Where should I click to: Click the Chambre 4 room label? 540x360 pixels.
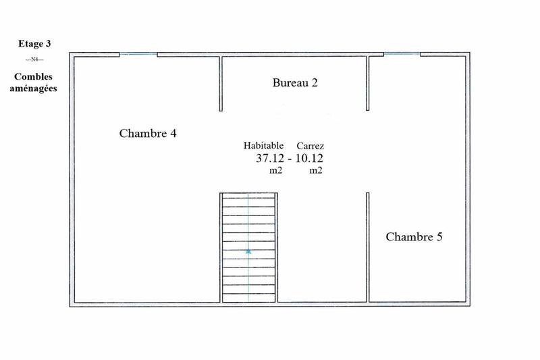click(148, 133)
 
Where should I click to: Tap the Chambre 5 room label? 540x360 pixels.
click(414, 237)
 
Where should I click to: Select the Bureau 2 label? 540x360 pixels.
click(295, 83)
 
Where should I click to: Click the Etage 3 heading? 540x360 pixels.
click(34, 44)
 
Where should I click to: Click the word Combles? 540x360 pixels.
click(34, 78)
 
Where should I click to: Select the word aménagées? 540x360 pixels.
click(34, 88)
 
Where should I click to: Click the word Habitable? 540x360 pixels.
click(263, 146)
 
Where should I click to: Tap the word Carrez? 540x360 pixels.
click(310, 146)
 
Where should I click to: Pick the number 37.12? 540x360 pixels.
click(269, 159)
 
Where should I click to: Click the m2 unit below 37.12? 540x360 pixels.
click(275, 172)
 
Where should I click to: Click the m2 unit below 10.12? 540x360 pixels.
click(316, 172)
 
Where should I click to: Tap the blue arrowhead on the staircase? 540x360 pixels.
click(248, 251)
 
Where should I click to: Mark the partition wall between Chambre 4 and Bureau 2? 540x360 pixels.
click(221, 84)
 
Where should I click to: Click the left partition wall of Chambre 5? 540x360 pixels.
click(369, 247)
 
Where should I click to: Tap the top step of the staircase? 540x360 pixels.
click(248, 197)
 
